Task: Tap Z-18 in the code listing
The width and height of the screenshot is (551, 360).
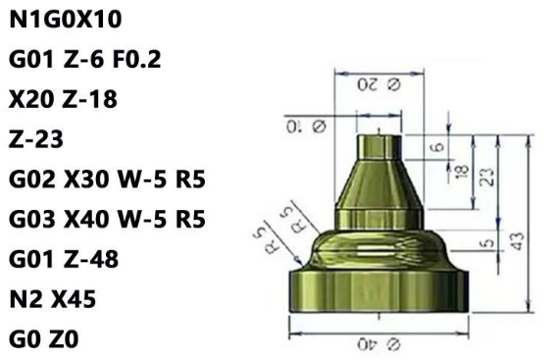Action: [91, 99]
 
